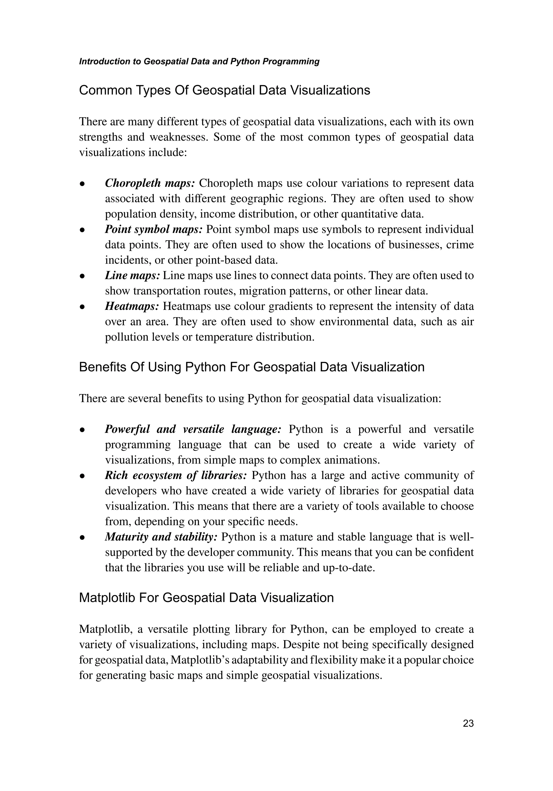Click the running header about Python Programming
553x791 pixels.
coord(199,62)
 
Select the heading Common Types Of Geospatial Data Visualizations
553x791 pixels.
coord(224,90)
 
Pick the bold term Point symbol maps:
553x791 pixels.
coord(153,229)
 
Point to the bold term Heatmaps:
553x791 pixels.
coord(132,306)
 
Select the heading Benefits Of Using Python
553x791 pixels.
coord(252,367)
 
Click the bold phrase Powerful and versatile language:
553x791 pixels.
coord(193,429)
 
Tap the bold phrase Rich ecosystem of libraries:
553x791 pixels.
coord(176,476)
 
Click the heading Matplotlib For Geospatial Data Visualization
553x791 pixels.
coord(206,598)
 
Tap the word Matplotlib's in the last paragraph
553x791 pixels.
coord(200,660)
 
